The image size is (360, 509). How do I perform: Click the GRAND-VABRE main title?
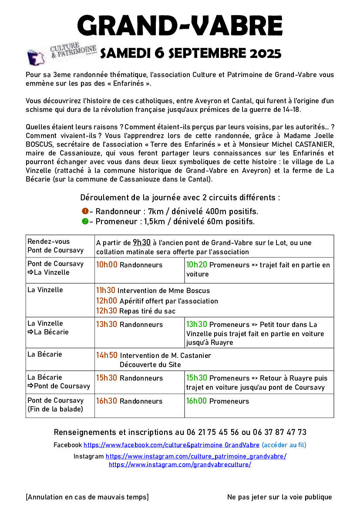tap(180, 26)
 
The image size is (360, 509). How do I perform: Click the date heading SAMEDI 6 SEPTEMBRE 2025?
tap(191, 53)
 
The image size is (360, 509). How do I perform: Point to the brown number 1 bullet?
tap(85, 211)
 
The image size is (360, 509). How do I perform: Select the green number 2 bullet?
tap(85, 221)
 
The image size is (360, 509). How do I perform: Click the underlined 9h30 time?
tap(141, 243)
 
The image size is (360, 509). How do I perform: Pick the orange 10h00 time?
tap(106, 264)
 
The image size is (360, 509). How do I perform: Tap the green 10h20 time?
tap(196, 264)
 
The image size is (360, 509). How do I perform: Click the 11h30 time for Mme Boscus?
tap(105, 290)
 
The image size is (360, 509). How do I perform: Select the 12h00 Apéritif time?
tap(106, 300)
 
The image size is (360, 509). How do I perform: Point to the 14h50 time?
tap(106, 355)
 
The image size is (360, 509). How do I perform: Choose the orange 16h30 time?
tap(106, 401)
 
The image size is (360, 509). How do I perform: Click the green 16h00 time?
tap(196, 401)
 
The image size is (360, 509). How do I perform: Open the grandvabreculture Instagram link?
tap(180, 464)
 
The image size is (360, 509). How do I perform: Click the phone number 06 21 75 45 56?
tap(213, 432)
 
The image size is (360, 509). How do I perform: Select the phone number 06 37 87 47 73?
tap(279, 432)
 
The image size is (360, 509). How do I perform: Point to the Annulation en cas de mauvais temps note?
tap(87, 497)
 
